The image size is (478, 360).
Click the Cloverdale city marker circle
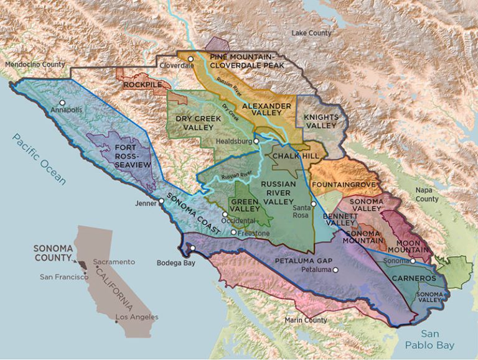pos(191,59)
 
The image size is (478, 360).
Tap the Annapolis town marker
pos(62,103)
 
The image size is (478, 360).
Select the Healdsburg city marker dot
pos(256,141)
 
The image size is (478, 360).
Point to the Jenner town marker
pos(161,201)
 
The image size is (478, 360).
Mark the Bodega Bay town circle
pos(192,249)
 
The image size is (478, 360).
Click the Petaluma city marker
pos(335,270)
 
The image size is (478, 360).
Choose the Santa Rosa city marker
pos(314,204)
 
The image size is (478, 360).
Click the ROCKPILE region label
pos(142,84)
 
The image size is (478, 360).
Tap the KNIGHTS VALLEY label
pos(321,121)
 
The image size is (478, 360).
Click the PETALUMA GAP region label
pos(307,261)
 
